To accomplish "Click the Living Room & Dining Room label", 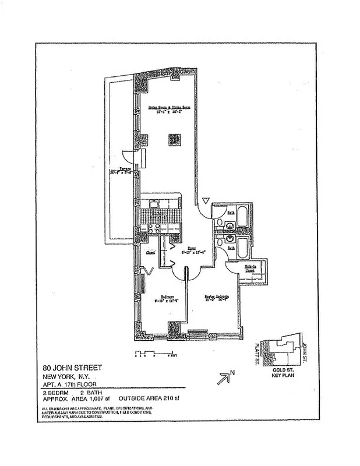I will pyautogui.click(x=170, y=108).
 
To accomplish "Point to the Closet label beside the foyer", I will pyautogui.click(x=151, y=253).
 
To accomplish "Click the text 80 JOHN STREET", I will pyautogui.click(x=73, y=368).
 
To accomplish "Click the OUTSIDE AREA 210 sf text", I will pyautogui.click(x=150, y=399).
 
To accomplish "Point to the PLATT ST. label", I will pyautogui.click(x=256, y=356).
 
